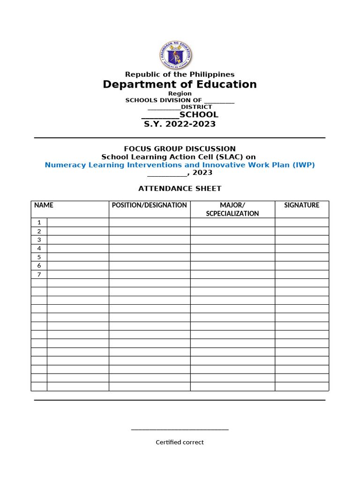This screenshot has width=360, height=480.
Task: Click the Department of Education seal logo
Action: click(175, 56)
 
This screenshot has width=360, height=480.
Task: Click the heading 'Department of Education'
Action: click(180, 84)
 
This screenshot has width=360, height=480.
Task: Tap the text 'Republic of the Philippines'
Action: click(180, 75)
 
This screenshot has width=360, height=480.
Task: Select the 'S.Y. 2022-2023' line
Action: click(180, 124)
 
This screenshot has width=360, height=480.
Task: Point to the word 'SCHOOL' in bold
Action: click(199, 114)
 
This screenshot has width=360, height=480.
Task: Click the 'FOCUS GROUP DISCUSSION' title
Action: click(180, 149)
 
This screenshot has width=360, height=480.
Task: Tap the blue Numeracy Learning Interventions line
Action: click(180, 165)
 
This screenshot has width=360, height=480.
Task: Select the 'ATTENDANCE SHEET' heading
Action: click(180, 188)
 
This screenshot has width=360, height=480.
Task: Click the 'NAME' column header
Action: click(44, 205)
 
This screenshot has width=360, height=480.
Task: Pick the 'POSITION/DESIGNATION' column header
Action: click(150, 205)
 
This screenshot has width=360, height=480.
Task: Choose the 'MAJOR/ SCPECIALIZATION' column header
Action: click(232, 209)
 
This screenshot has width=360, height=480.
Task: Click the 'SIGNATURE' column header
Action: click(301, 205)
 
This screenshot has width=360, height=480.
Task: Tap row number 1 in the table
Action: click(39, 223)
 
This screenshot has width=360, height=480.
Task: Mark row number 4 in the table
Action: click(39, 248)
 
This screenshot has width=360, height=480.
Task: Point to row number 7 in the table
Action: click(39, 275)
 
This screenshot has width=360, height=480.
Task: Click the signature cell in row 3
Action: click(301, 240)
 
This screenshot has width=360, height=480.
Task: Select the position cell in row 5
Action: click(150, 257)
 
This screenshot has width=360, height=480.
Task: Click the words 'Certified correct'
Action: click(180, 442)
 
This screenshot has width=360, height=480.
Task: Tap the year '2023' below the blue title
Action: click(202, 172)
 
